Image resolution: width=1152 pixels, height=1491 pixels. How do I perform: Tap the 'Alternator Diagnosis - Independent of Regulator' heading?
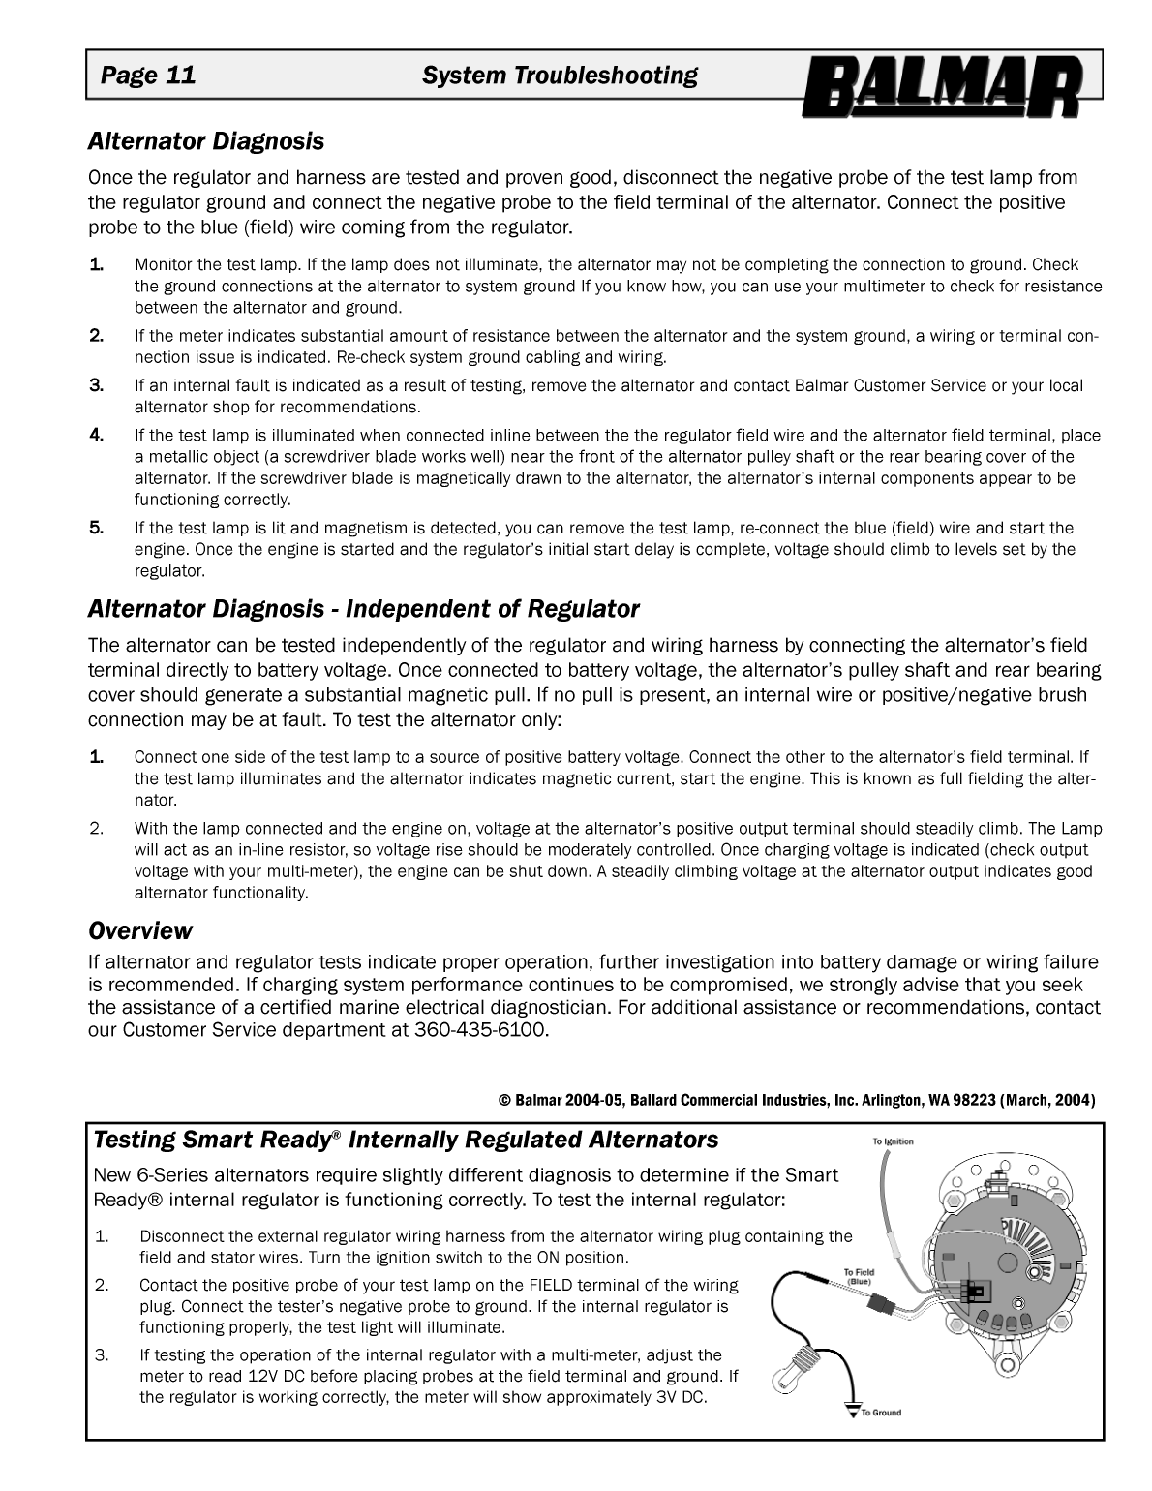[363, 609]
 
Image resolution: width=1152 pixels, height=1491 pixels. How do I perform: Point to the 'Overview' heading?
[140, 930]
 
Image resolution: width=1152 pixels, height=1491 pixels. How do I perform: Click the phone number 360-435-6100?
[481, 1029]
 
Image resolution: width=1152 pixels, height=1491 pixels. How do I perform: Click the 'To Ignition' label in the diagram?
[893, 1141]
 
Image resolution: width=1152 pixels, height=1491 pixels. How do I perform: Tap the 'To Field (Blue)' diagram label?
[859, 1276]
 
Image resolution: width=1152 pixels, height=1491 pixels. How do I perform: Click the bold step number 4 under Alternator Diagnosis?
[96, 435]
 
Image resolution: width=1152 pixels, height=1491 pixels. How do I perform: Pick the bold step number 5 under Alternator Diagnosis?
[96, 528]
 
